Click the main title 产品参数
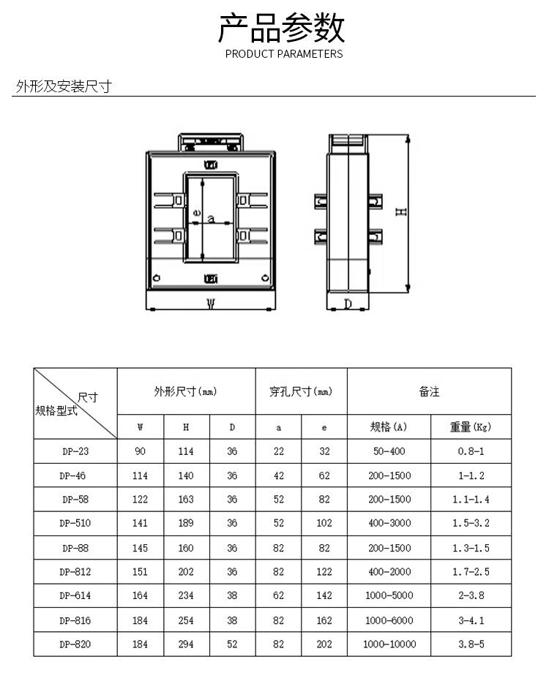(282, 28)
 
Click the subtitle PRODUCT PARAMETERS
(283, 54)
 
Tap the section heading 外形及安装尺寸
(64, 87)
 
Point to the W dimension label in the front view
(211, 304)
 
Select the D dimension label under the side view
(348, 304)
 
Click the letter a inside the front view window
(211, 218)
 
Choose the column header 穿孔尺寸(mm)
(301, 392)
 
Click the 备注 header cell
(429, 392)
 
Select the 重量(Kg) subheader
(470, 427)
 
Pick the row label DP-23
(75, 451)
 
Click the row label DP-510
(75, 524)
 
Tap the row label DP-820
(75, 644)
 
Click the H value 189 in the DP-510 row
(186, 524)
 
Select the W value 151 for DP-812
(140, 572)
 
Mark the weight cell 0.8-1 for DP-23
(471, 451)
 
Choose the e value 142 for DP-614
(324, 596)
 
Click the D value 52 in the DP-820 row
(232, 644)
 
